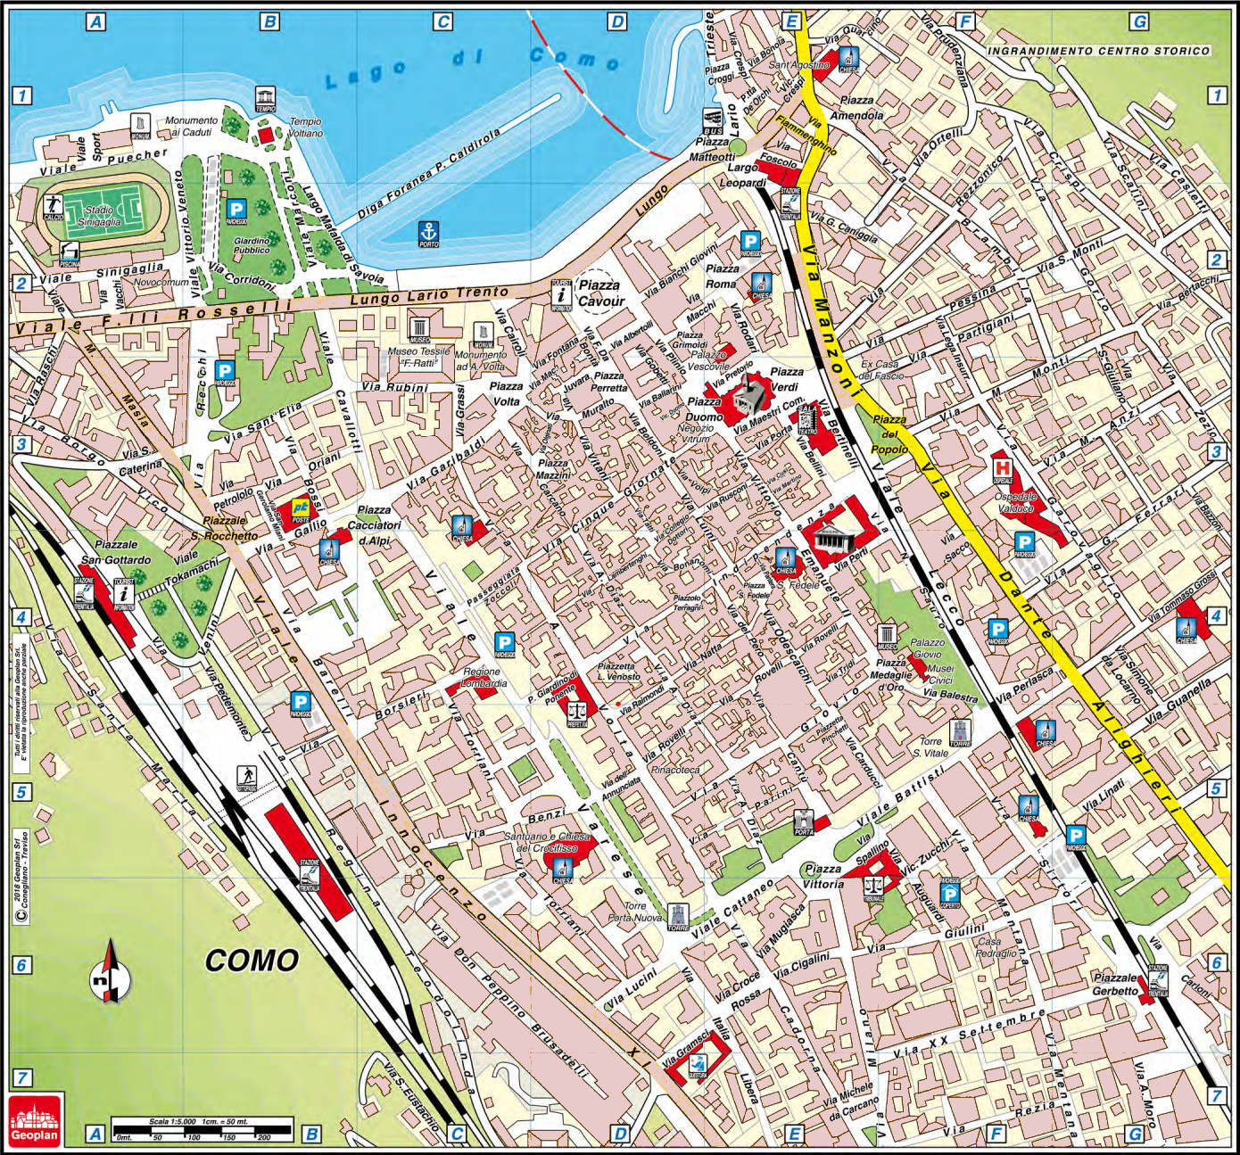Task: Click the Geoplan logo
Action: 36,1118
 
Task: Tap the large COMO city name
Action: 252,961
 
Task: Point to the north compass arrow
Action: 111,973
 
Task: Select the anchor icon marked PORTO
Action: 429,232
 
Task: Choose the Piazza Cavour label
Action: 599,293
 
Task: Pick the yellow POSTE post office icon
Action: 300,510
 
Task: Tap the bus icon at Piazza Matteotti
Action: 712,120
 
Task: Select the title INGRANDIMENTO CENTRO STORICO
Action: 1097,51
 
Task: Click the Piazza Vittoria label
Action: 822,876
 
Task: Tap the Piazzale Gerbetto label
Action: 1115,984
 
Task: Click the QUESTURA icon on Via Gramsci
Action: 699,1064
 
